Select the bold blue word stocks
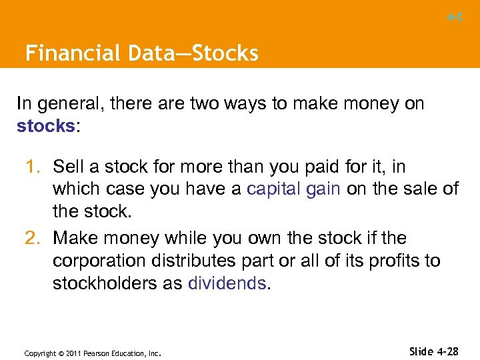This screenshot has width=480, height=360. pos(45,126)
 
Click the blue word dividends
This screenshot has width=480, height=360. pos(227,283)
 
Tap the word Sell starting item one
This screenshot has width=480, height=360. pos(67,166)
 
